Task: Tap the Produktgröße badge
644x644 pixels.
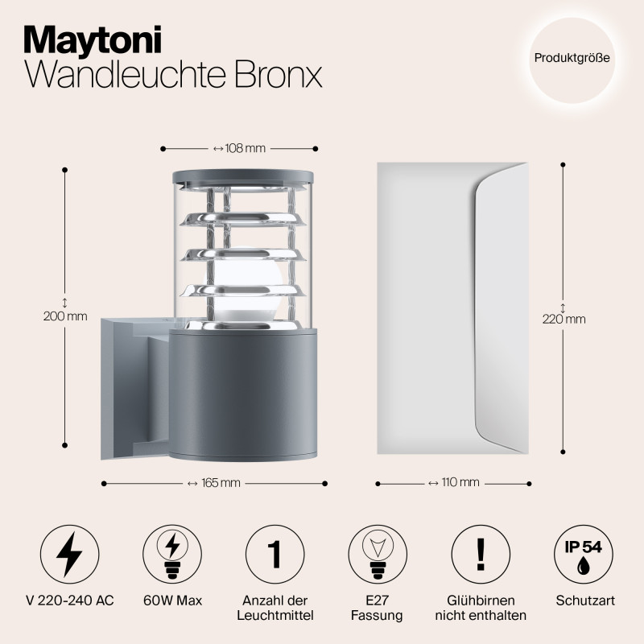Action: pos(572,59)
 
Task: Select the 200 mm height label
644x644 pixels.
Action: pos(64,316)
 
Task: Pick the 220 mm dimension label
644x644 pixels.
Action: pos(563,318)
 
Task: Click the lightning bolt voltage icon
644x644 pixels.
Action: pos(69,555)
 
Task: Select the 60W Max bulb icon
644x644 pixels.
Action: pos(171,555)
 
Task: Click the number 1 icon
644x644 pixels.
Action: pos(274,555)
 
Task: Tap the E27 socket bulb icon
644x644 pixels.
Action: pos(377,555)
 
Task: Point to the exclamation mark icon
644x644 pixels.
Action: pos(481,555)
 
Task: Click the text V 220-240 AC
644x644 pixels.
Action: pos(69,601)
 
